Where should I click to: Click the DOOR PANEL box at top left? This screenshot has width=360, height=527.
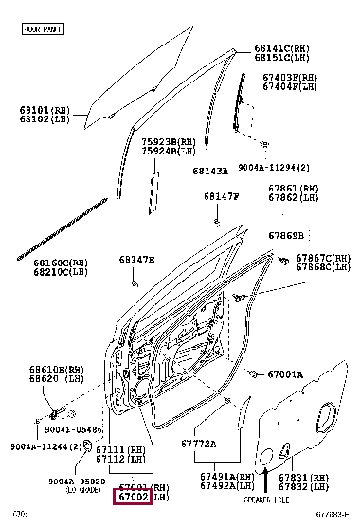click(44, 29)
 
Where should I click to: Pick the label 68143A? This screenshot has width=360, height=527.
click(210, 171)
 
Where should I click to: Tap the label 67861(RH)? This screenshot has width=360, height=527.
click(293, 190)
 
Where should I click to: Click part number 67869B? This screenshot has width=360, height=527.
click(285, 235)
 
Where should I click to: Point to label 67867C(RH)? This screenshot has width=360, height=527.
click(322, 258)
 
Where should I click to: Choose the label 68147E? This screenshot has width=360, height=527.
click(136, 259)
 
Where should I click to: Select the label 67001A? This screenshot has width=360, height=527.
click(283, 374)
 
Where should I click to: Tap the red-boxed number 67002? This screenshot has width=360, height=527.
click(132, 497)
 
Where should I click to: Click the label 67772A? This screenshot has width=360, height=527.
click(198, 444)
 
